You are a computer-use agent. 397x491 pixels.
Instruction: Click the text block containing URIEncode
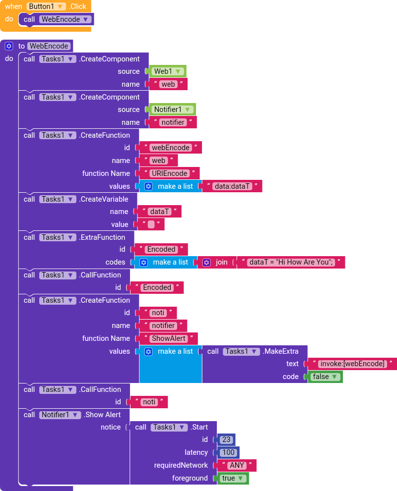(169, 173)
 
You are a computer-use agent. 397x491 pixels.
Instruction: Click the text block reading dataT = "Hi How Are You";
(291, 262)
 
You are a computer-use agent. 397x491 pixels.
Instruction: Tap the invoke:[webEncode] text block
(352, 364)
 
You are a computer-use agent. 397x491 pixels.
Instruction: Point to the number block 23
(226, 439)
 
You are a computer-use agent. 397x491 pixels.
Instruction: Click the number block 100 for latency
(228, 452)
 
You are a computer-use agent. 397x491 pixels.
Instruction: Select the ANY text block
(237, 465)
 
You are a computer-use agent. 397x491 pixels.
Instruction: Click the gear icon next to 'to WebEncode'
(8, 46)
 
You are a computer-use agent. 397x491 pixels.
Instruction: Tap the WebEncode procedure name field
(49, 46)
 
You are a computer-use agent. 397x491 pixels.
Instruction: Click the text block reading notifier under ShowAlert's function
(163, 326)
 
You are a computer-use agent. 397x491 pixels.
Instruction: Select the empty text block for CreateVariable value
(151, 224)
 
